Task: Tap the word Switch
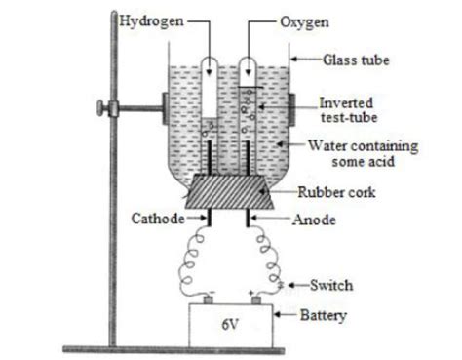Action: tap(331, 285)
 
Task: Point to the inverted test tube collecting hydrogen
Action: tap(211, 93)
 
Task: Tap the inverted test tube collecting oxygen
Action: tap(250, 98)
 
